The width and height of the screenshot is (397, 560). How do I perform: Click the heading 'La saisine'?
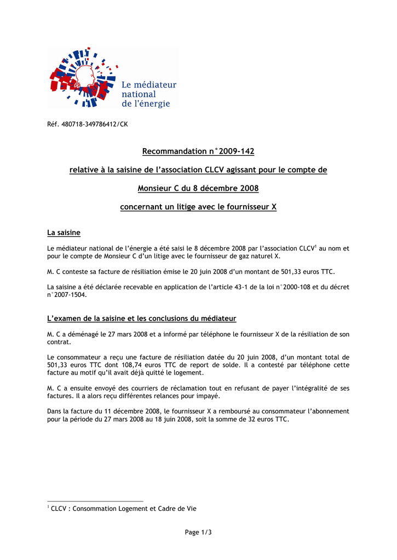64,233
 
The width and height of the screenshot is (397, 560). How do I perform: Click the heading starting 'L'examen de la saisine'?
142,318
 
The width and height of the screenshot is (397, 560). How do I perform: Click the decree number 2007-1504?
68,294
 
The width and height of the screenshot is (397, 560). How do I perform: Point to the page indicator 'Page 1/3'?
198,532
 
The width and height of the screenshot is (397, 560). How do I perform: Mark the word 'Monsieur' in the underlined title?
154,189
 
